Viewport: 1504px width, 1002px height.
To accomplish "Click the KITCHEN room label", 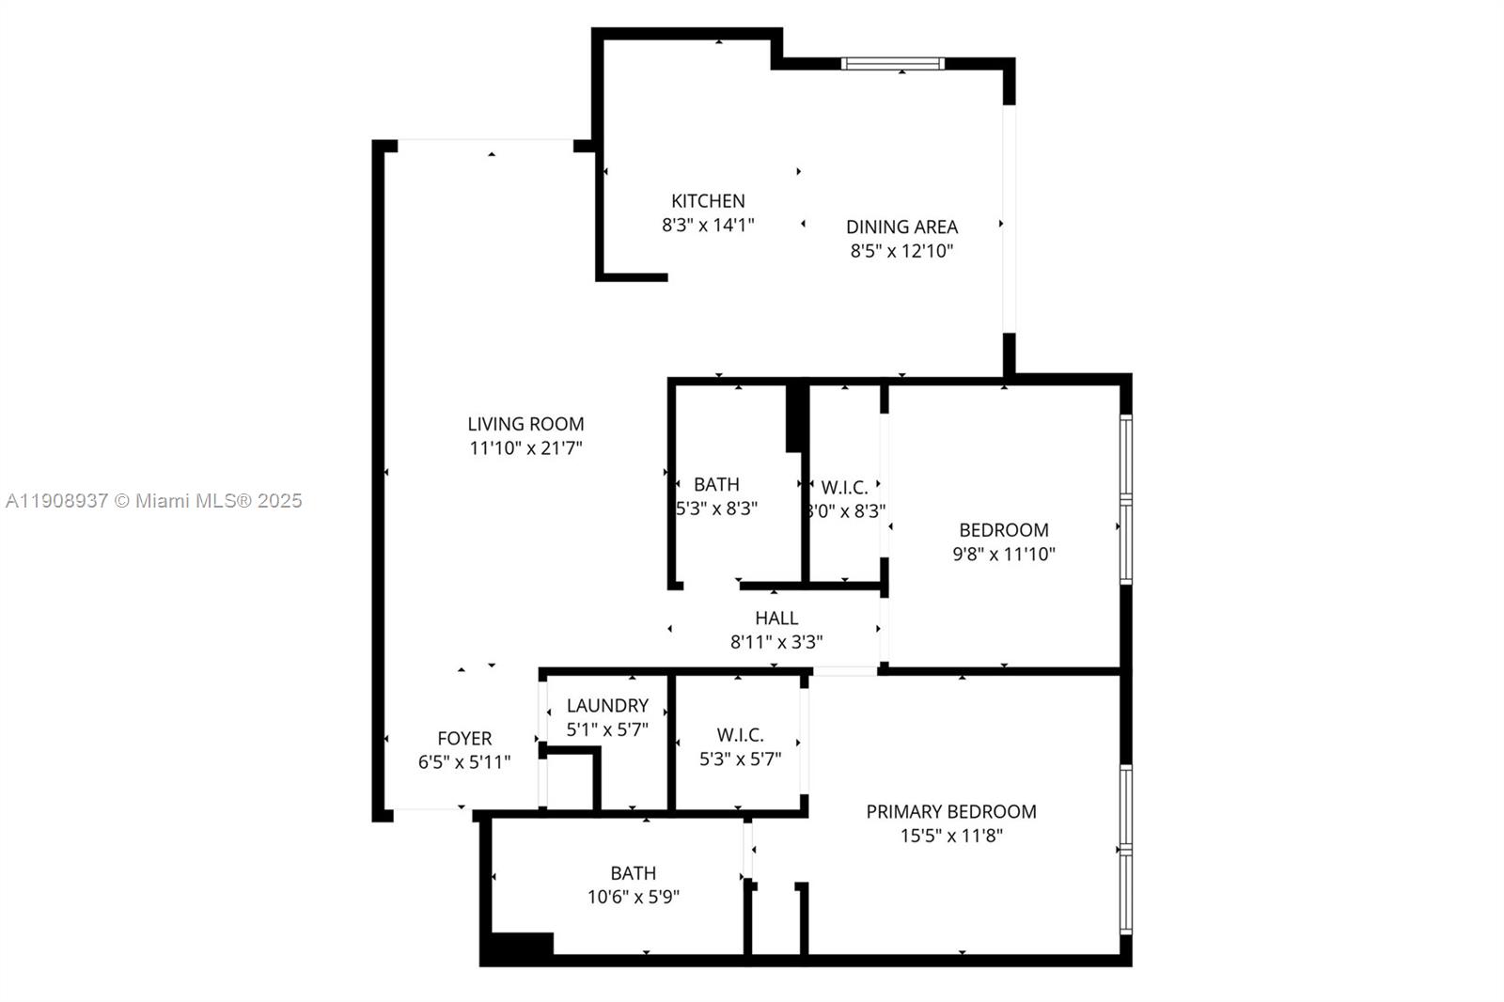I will [x=708, y=200].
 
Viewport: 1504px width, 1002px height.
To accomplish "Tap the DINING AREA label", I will [x=901, y=227].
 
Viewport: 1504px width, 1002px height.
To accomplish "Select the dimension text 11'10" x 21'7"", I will [x=525, y=448].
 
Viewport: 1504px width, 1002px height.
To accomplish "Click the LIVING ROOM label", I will [x=525, y=424].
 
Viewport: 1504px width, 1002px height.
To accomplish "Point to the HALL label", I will [x=776, y=618].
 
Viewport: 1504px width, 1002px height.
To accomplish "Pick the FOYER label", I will [x=464, y=738].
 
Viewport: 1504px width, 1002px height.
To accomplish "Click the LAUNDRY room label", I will [x=607, y=705].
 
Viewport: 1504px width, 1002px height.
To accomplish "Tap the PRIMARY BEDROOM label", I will [x=951, y=811].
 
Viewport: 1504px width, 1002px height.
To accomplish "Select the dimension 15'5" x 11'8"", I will [x=951, y=836].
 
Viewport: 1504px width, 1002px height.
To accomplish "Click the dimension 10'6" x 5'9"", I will [x=634, y=897].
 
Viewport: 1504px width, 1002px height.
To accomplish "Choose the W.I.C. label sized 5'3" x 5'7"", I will [x=740, y=735].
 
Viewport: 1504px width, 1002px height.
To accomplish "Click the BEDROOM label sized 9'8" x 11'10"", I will [x=1003, y=529].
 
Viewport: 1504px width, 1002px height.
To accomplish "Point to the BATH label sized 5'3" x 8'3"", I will [x=716, y=484].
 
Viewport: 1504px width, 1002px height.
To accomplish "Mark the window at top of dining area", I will [x=892, y=64].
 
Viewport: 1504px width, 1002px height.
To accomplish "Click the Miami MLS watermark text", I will [x=153, y=501].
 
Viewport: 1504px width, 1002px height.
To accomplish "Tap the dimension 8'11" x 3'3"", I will [x=776, y=642].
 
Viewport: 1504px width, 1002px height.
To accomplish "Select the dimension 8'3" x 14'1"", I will [x=708, y=225].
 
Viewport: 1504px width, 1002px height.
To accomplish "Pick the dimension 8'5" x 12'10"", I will [x=901, y=251].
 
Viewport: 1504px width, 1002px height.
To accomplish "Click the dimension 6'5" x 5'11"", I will [x=464, y=762].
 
